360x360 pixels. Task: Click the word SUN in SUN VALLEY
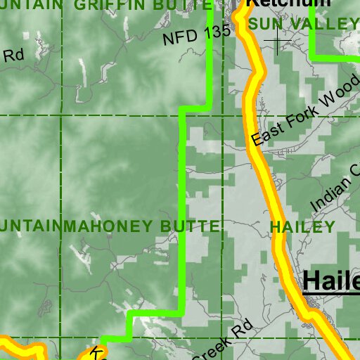pos(265,24)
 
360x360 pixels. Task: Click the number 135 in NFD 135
pos(217,29)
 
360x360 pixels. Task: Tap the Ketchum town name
pos(288,3)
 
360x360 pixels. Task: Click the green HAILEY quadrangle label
pos(302,226)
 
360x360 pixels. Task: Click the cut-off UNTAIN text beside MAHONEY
pos(30,226)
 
